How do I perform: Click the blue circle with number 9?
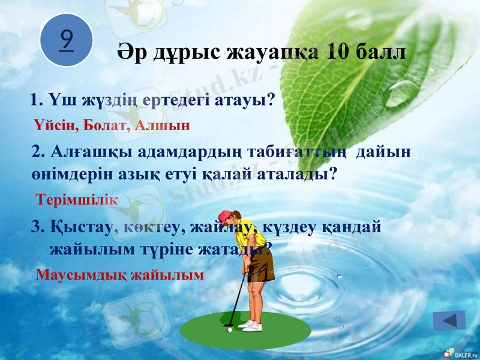tap(67, 40)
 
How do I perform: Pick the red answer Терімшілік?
tap(77, 199)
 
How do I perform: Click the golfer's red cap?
tap(225, 215)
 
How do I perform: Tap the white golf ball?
tap(229, 329)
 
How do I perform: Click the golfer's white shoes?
tap(250, 325)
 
